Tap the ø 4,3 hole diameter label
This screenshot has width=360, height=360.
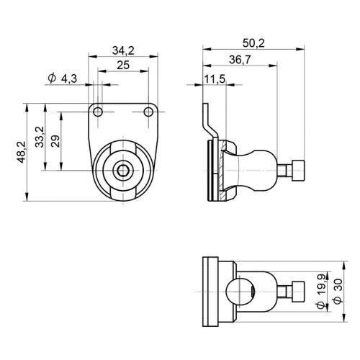(61, 78)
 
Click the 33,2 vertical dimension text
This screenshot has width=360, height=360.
(38, 136)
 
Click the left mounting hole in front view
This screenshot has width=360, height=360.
(100, 112)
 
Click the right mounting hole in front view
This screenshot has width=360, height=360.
(148, 112)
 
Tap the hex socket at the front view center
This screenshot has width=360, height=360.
(124, 171)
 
